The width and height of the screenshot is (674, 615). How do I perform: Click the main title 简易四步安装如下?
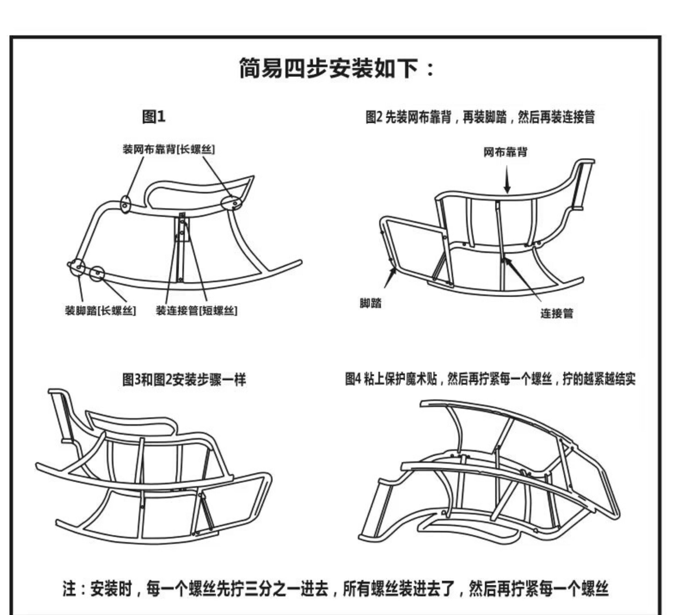pos(337,69)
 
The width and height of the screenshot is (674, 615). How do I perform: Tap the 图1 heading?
pos(154,117)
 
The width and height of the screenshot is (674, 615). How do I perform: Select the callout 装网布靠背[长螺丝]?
pos(169,149)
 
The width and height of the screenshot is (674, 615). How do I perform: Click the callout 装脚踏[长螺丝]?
pos(101,311)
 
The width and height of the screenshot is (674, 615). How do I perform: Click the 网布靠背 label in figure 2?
pos(505,152)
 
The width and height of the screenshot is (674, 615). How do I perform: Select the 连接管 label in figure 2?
pos(557,313)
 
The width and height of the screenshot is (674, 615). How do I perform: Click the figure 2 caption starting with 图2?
pos(480,117)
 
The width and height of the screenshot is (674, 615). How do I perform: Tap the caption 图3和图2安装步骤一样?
pos(184,380)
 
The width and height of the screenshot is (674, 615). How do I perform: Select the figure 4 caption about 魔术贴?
pos(490,379)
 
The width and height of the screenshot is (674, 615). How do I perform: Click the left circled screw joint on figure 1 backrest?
pos(125,205)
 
